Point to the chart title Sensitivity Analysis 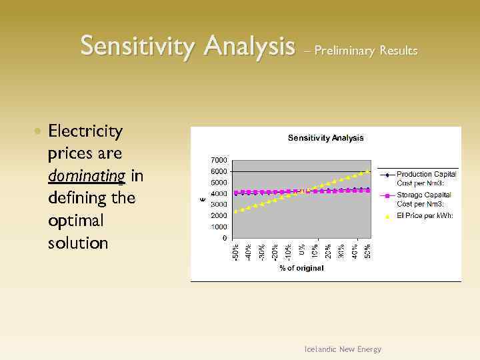(325, 138)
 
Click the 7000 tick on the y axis (218, 161)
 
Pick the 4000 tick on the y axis (218, 194)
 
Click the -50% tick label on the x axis (235, 251)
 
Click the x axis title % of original (301, 268)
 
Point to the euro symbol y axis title (203, 197)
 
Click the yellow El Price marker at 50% (367, 171)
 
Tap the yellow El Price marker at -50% (235, 211)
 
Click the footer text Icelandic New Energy (343, 349)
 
